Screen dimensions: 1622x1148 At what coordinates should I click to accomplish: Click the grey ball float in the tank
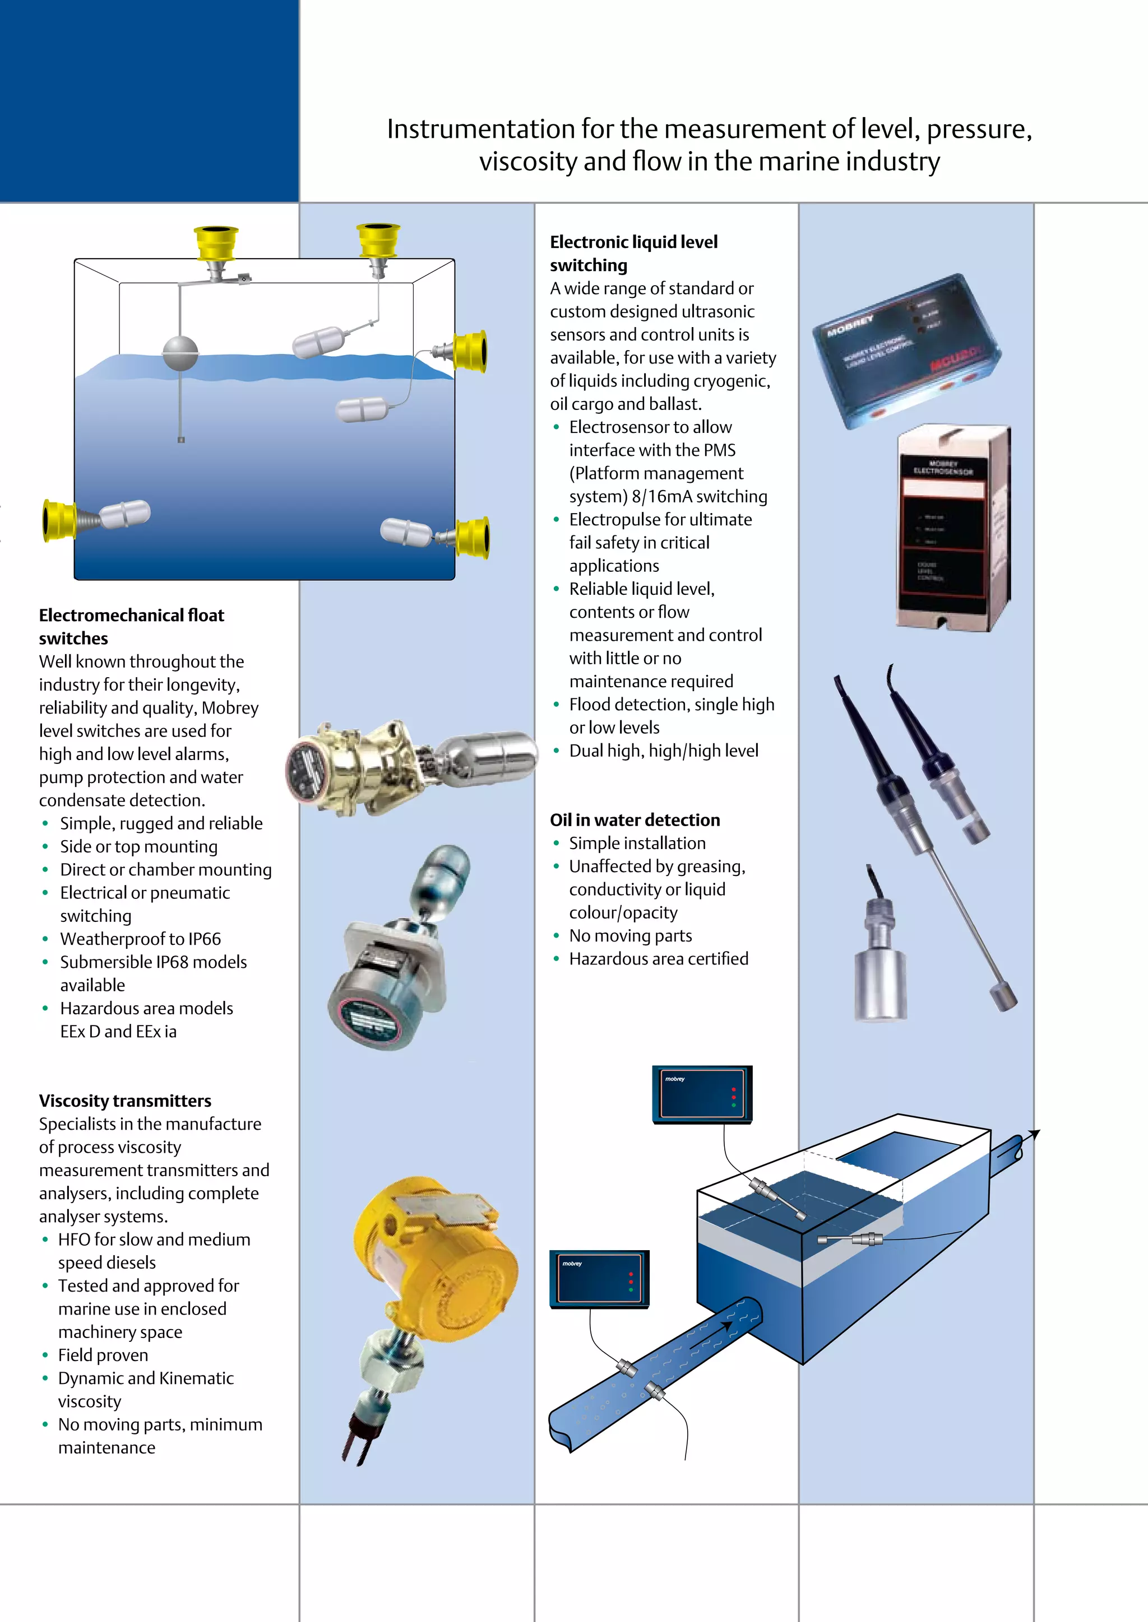coord(181,352)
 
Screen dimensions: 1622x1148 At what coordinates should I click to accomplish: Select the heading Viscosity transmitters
coord(125,1101)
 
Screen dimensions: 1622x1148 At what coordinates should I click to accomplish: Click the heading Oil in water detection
coord(635,820)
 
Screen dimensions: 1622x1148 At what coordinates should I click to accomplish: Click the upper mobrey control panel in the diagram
coord(702,1095)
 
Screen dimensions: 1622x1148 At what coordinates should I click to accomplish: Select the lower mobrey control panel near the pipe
coord(599,1279)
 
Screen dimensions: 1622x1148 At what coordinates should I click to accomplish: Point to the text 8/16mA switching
coord(699,497)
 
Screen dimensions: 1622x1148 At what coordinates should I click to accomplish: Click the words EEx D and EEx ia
coord(118,1032)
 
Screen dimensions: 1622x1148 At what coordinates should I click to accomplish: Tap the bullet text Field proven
coord(103,1355)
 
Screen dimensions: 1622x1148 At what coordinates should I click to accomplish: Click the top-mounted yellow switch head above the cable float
coord(378,240)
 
